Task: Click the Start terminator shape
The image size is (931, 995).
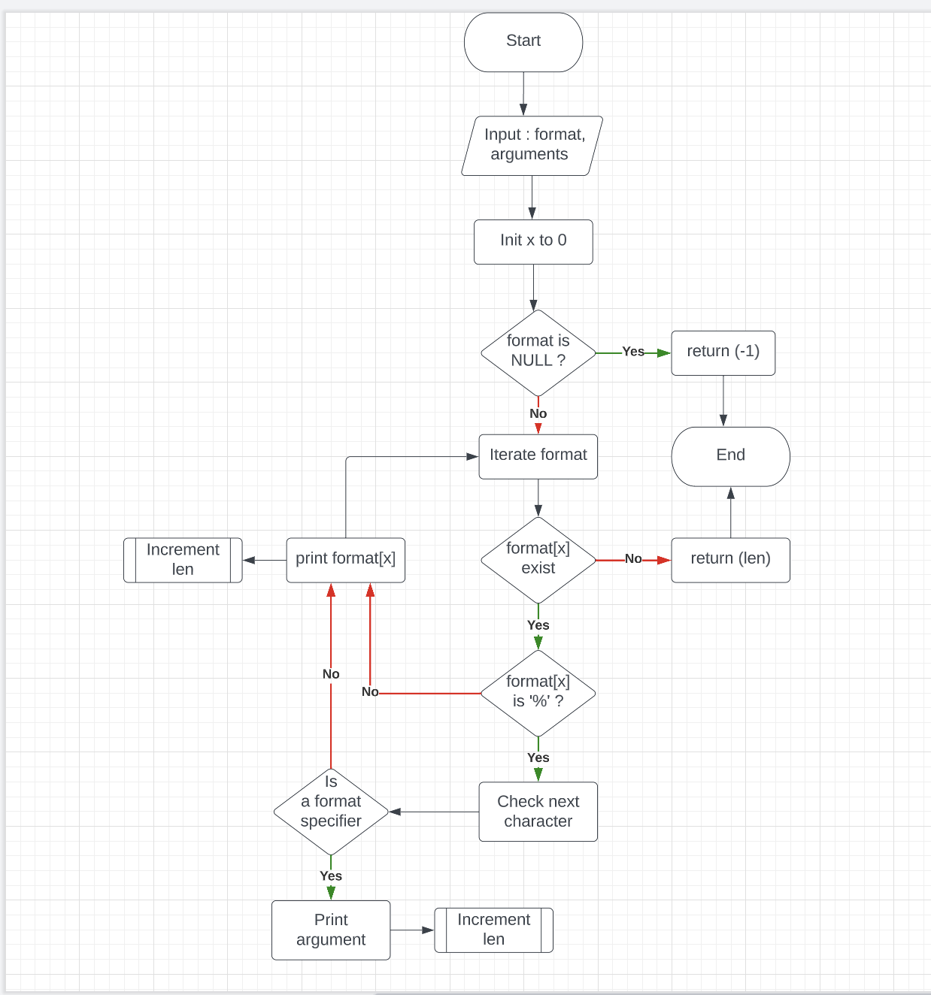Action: click(523, 42)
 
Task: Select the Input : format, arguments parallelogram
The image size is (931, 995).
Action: click(532, 145)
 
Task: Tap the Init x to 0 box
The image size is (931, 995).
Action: click(533, 241)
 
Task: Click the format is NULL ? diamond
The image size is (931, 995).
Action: click(538, 352)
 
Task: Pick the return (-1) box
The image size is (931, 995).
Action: click(723, 352)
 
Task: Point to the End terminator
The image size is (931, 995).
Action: click(730, 456)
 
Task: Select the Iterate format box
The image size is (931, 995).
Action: click(538, 456)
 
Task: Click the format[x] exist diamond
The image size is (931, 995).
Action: click(538, 559)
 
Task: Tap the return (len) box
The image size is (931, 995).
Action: click(730, 559)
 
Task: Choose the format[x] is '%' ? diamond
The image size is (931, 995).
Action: click(538, 692)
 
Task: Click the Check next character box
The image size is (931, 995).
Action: click(538, 812)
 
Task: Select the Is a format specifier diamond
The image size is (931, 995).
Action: click(331, 811)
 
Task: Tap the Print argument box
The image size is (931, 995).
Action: click(331, 930)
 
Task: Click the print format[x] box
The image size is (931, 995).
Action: click(345, 559)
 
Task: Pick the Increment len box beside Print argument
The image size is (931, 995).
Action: click(493, 930)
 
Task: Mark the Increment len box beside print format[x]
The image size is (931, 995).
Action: click(183, 559)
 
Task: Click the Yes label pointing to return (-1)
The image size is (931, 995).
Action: click(633, 352)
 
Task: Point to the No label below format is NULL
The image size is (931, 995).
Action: click(538, 414)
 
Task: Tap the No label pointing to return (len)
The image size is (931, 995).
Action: click(633, 559)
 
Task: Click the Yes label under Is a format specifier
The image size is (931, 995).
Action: click(331, 876)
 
